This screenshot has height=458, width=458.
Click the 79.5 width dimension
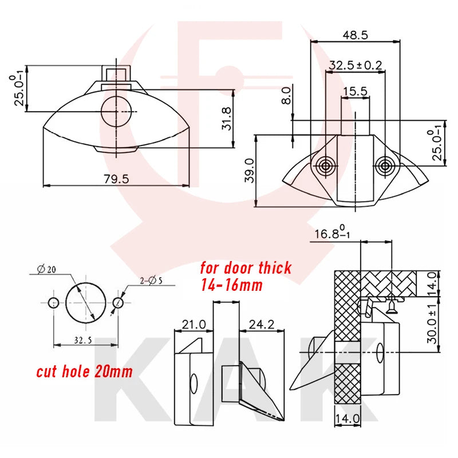point(116,179)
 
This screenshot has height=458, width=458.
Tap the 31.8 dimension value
point(226,119)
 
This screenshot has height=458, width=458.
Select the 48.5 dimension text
point(355,35)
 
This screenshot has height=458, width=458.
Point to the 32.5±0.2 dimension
point(355,65)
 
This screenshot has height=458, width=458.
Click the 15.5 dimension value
point(355,91)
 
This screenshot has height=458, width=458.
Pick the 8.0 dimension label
point(287,96)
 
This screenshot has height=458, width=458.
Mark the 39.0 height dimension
point(250,171)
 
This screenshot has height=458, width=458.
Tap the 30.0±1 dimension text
point(432,323)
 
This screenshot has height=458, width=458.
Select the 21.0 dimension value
point(194,324)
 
